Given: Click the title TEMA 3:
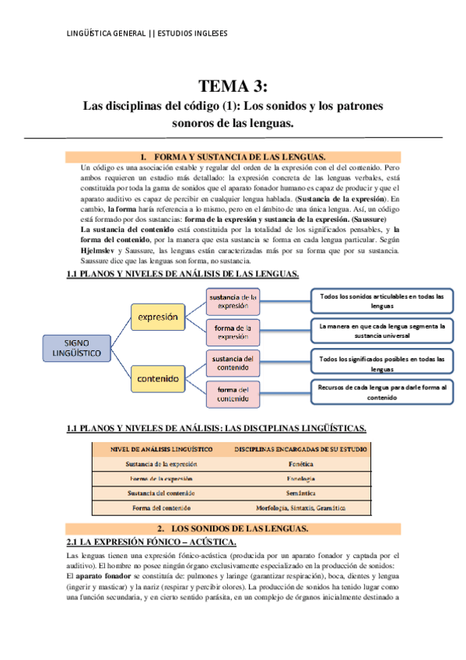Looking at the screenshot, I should tap(233, 85).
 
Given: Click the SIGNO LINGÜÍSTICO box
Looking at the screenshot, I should tap(77, 347).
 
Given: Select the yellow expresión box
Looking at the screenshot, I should tap(158, 317).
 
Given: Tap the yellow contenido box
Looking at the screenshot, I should tap(158, 379).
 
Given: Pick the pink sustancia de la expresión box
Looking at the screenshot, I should tap(233, 301).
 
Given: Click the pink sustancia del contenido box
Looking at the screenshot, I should tap(233, 363).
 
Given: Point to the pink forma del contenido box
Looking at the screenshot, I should tap(233, 394).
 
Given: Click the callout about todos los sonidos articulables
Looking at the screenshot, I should tap(382, 300).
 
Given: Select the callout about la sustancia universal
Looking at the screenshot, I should tap(382, 331).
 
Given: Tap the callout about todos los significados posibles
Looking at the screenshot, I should tap(382, 363).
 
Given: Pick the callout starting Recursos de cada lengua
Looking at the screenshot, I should tap(382, 391).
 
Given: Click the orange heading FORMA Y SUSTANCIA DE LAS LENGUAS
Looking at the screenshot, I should tap(233, 156).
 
